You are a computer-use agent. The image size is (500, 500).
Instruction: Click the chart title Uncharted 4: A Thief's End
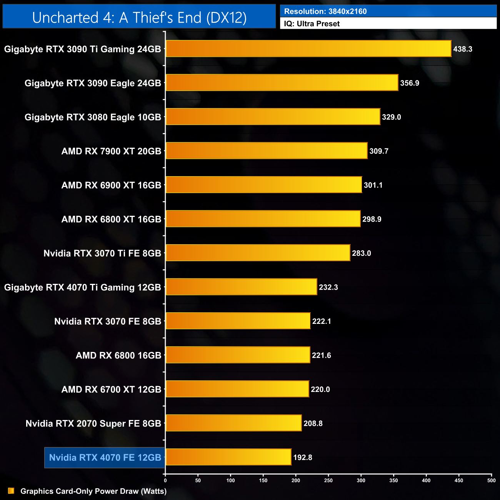coord(139,18)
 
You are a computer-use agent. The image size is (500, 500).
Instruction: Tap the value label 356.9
coord(410,83)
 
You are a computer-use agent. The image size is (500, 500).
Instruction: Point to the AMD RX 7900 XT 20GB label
coord(111,151)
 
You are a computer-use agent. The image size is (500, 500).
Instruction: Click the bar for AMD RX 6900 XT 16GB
coord(264,185)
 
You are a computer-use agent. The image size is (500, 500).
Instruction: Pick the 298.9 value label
coord(372,219)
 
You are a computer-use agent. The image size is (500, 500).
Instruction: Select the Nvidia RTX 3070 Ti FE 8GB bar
coord(258,253)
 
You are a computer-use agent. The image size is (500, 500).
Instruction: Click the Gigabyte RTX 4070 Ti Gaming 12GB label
coord(83,287)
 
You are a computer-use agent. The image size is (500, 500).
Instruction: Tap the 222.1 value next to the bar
coord(322,321)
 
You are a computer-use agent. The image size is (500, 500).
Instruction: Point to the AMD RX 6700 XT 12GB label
coord(111,389)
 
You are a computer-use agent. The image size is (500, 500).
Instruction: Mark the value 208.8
coord(313,423)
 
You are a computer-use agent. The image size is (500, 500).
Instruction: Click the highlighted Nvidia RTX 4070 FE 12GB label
coord(105,458)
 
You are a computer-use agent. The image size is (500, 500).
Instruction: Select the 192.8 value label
coord(303,457)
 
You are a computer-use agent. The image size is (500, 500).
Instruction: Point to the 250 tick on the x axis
coord(328,480)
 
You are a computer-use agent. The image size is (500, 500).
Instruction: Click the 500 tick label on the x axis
coord(491,480)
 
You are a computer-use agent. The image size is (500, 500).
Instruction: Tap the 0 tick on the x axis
coord(165,480)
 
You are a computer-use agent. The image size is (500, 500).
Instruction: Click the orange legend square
coord(11,491)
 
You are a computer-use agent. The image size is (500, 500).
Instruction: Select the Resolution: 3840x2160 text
coord(325,12)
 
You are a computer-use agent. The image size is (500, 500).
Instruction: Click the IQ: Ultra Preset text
coord(312,24)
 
